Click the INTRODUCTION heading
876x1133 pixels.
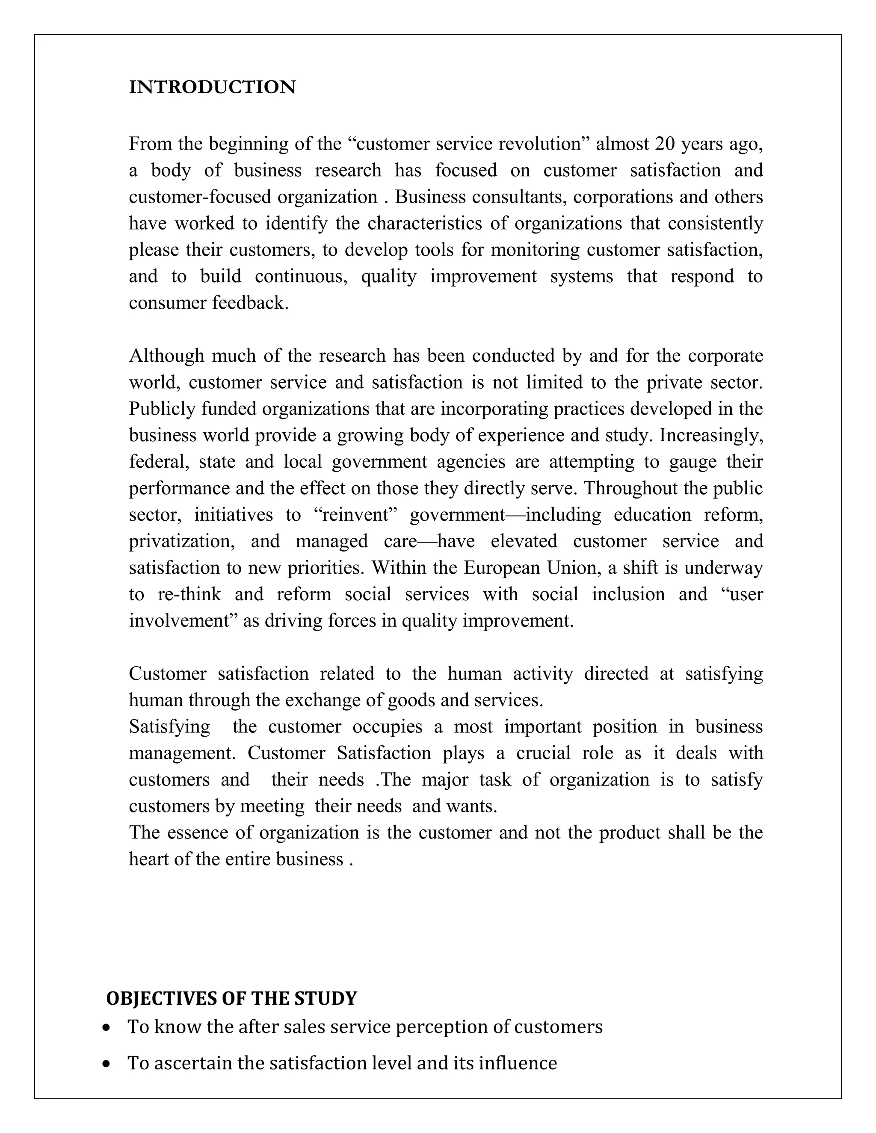212,87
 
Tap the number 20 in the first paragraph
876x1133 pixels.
665,144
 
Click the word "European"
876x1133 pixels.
502,567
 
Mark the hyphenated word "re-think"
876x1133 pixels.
189,594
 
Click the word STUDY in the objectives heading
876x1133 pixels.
326,999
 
